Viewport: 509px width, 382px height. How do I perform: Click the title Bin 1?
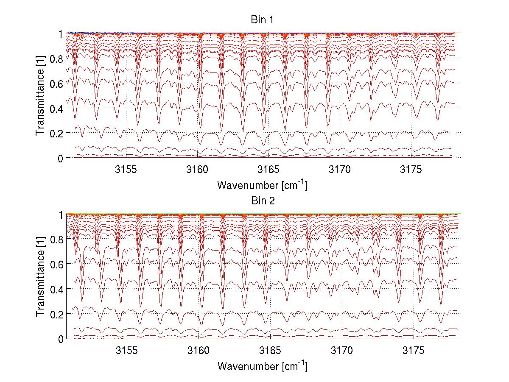click(x=263, y=20)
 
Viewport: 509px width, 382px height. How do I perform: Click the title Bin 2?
click(x=263, y=201)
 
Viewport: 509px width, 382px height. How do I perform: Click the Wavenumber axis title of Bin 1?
click(x=262, y=185)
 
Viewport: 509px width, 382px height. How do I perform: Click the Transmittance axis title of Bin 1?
click(x=40, y=95)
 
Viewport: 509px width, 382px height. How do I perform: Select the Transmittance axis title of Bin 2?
click(x=40, y=276)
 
